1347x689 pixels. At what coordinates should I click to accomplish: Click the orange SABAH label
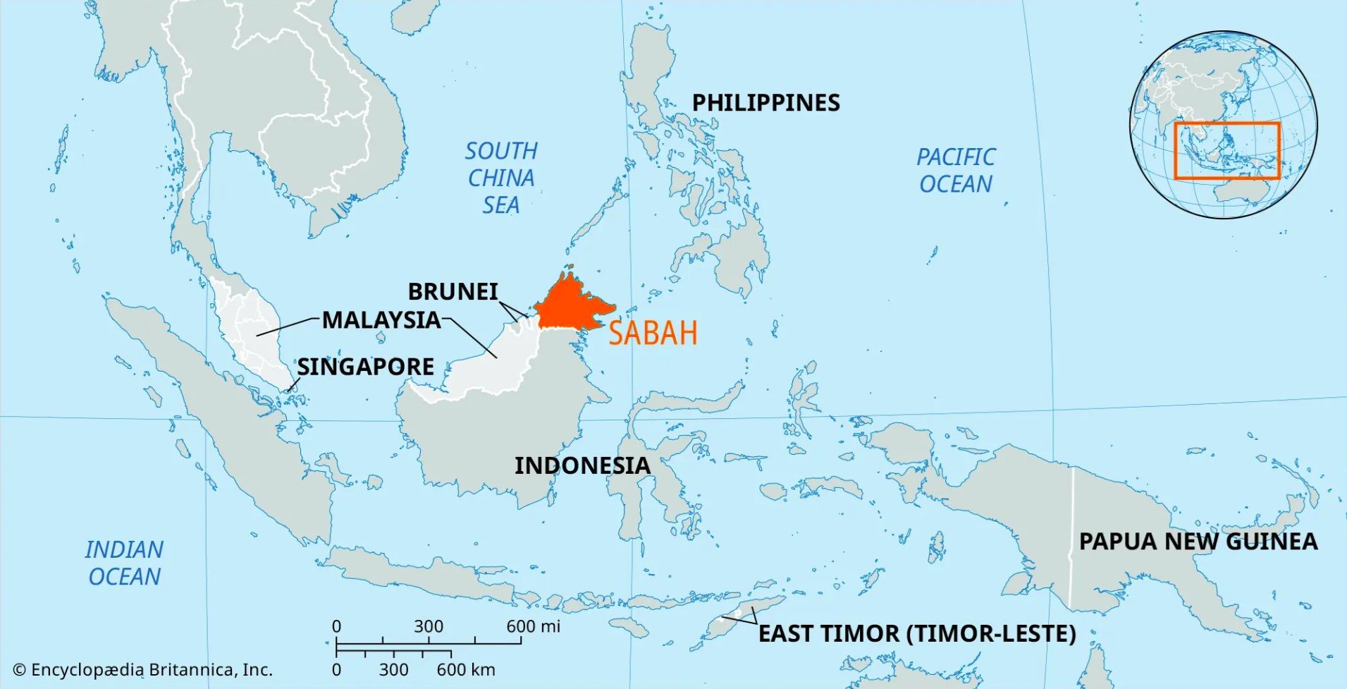[653, 333]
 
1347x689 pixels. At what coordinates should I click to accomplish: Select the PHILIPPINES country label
[765, 103]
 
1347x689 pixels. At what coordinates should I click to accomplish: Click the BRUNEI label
[453, 291]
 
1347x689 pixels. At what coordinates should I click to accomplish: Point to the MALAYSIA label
[381, 320]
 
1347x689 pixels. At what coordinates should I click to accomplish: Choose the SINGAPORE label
[365, 367]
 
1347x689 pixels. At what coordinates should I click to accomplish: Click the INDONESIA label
[582, 465]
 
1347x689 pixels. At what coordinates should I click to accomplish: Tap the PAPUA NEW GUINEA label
[1198, 542]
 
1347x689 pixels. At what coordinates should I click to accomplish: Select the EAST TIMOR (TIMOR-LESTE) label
[916, 633]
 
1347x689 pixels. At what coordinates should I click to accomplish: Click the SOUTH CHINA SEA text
[500, 178]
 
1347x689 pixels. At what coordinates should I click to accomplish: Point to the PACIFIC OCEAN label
[955, 170]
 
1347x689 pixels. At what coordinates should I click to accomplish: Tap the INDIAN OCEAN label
[124, 563]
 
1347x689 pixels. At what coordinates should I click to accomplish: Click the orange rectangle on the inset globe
[1226, 123]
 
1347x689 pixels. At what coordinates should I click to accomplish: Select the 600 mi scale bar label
[533, 626]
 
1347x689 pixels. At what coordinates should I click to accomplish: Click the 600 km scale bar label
[465, 670]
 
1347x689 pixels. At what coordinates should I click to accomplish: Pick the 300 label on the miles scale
[428, 626]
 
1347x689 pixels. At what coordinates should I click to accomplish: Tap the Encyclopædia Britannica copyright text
[142, 670]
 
